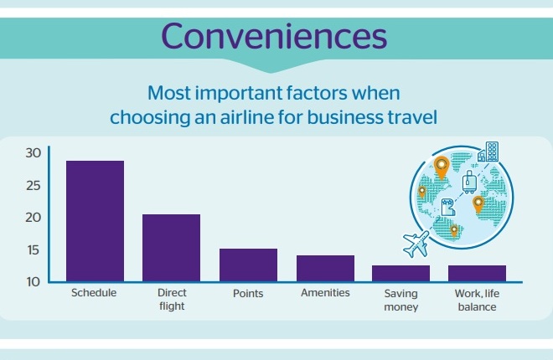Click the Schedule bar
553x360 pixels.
[95, 221]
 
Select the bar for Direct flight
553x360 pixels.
[172, 248]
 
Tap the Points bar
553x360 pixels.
[248, 265]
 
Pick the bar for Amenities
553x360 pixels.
[325, 269]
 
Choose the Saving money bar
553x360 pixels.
[401, 273]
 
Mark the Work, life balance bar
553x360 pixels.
[478, 273]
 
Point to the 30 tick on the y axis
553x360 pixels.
[34, 153]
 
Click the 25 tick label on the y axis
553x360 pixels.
[34, 186]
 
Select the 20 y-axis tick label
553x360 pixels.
[34, 218]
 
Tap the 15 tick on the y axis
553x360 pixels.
[34, 250]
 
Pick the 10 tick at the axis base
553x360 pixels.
[34, 282]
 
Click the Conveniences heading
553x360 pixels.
[274, 36]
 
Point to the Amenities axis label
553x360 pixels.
[325, 293]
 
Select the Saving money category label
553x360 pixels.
[401, 300]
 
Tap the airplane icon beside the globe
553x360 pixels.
[416, 244]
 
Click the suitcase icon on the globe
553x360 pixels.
[469, 183]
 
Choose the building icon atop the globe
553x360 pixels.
[488, 152]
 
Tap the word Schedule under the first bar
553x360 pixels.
[94, 293]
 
